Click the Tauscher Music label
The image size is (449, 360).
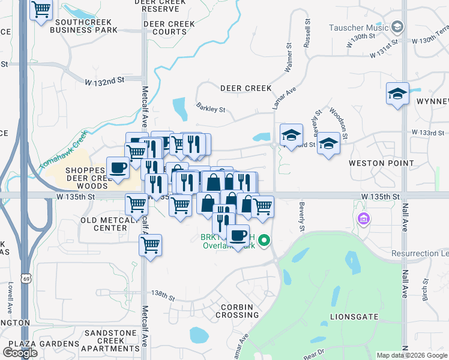click(x=359, y=28)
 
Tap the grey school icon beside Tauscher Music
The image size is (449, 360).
click(x=397, y=27)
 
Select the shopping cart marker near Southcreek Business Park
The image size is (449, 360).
click(x=41, y=10)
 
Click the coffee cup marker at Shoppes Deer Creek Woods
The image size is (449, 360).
click(x=118, y=168)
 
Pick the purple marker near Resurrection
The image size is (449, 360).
click(x=363, y=219)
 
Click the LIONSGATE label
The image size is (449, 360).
click(x=354, y=316)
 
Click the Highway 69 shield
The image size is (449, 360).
click(x=25, y=278)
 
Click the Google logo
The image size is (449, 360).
click(x=20, y=352)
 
